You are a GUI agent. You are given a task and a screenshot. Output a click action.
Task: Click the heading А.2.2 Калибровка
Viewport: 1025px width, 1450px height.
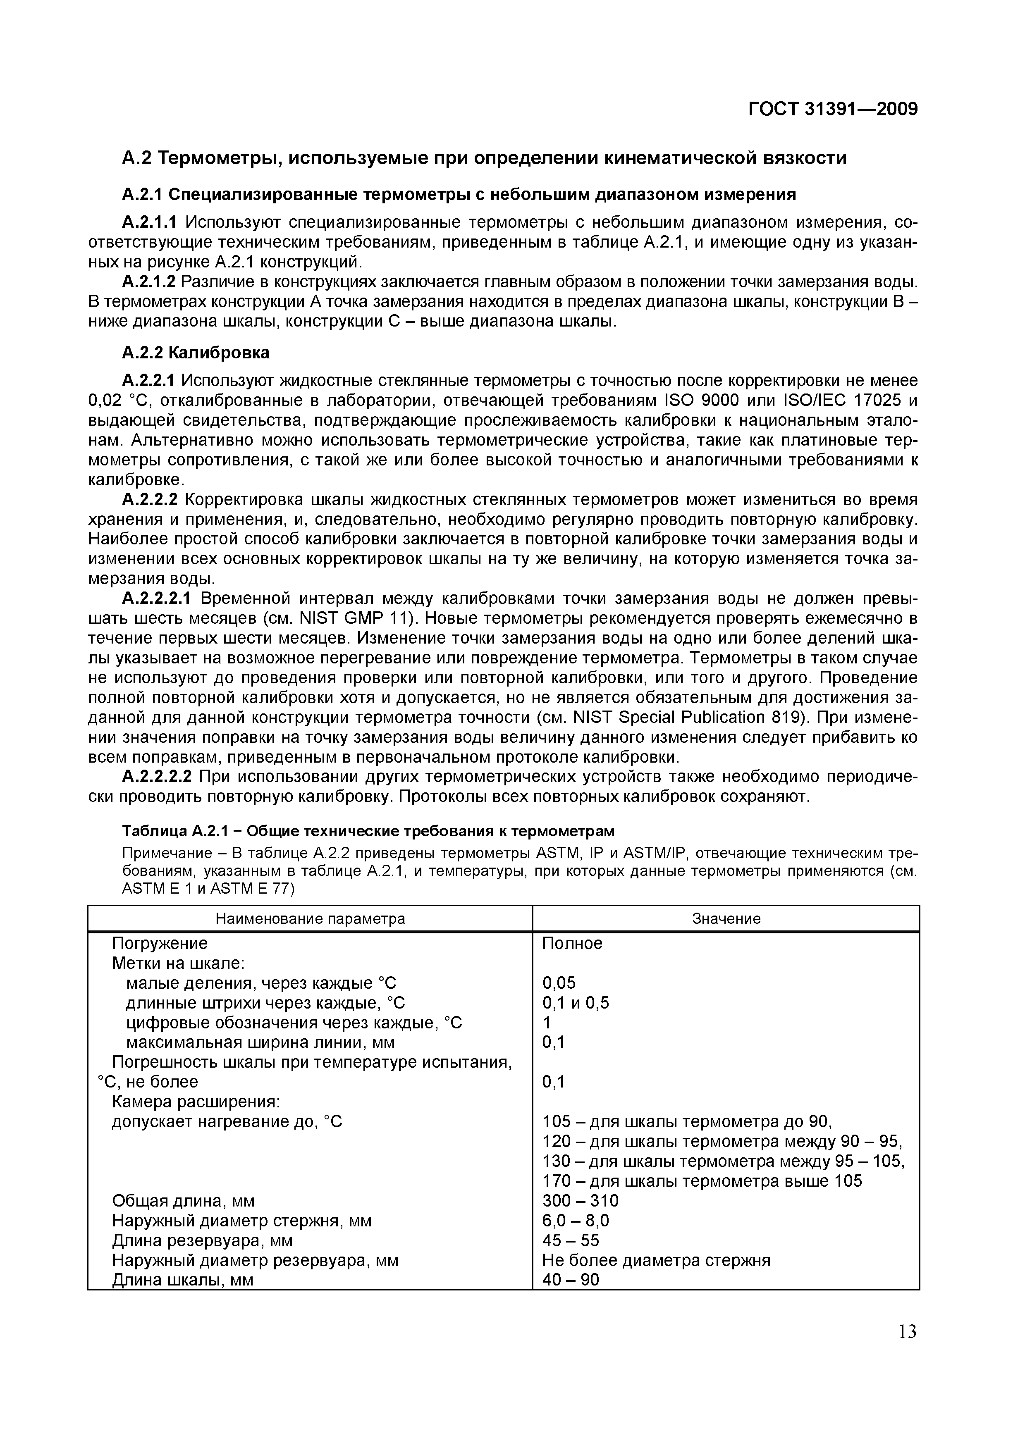coord(195,353)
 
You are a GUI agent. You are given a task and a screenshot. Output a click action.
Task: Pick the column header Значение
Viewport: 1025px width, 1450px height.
coord(726,919)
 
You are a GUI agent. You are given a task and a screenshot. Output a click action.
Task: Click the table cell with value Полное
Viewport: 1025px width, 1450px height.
coord(572,944)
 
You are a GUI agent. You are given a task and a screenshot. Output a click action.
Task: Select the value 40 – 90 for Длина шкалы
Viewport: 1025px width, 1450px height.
coord(570,1279)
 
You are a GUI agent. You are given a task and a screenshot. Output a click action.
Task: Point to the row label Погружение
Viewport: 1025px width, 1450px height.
coord(159,944)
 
